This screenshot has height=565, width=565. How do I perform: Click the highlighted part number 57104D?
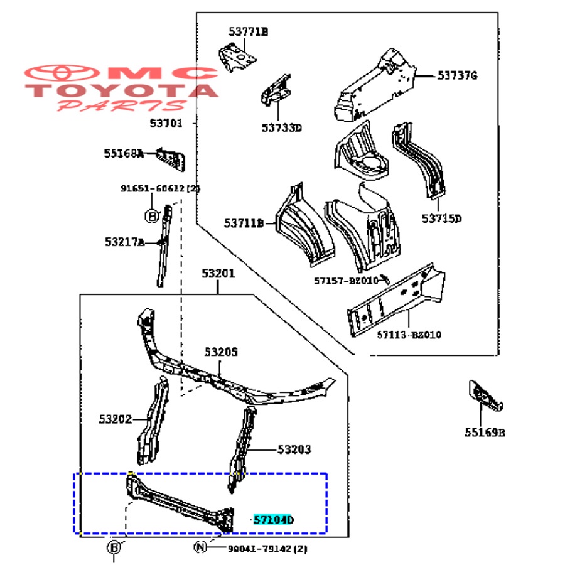click(274, 520)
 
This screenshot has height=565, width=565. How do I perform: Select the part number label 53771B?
click(248, 31)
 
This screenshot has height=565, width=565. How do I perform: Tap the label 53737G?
click(458, 76)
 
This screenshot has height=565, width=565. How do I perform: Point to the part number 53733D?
click(282, 128)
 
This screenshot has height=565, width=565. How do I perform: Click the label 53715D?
click(441, 218)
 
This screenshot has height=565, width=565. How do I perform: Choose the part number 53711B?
click(245, 223)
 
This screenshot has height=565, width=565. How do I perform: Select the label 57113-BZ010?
click(409, 335)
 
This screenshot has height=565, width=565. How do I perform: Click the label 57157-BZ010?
click(347, 281)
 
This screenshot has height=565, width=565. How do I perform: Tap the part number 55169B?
click(485, 432)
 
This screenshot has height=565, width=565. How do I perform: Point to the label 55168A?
click(124, 153)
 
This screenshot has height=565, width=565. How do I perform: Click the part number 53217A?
click(124, 242)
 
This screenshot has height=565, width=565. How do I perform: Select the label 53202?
click(115, 419)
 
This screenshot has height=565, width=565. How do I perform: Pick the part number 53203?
click(294, 449)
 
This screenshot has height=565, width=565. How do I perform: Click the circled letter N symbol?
click(200, 548)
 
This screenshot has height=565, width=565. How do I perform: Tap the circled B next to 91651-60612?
click(151, 216)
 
